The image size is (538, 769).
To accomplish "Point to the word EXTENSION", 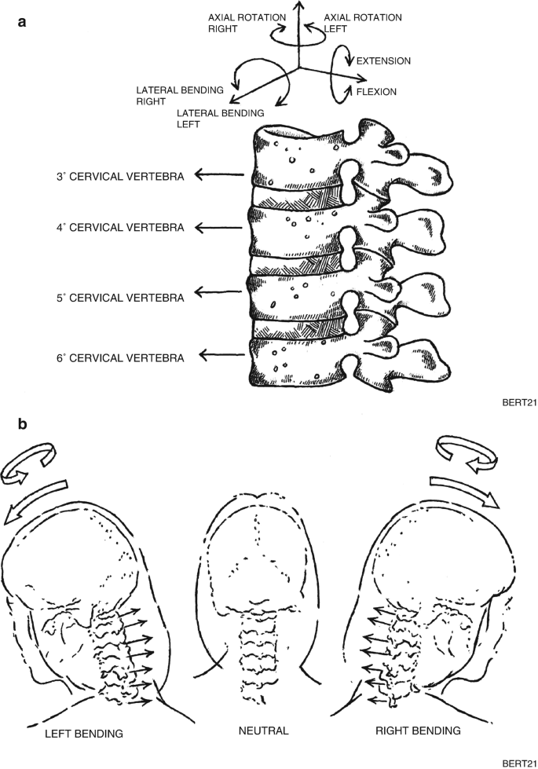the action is pos(383,60).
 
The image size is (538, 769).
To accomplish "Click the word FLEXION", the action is pos(376,92).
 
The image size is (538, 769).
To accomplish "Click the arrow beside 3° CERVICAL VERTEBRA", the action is pos(219,178).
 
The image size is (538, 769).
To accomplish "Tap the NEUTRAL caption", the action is pos(264,731).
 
